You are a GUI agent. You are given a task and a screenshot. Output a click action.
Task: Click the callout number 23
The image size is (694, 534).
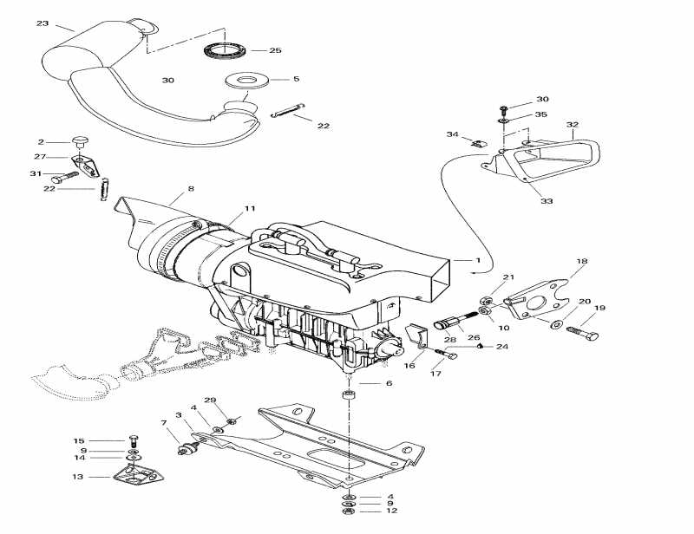(x=43, y=23)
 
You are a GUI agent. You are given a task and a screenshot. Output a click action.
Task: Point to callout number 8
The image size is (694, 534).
(x=191, y=188)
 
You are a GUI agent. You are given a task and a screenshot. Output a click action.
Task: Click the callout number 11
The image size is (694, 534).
(x=250, y=209)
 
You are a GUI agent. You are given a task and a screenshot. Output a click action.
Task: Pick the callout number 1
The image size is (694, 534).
(x=477, y=260)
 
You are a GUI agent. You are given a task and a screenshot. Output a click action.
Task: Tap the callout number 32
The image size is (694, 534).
(x=573, y=125)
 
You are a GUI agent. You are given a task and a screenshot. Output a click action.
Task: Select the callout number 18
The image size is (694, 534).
(x=581, y=260)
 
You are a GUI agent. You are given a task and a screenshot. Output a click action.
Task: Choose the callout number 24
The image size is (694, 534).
(x=501, y=346)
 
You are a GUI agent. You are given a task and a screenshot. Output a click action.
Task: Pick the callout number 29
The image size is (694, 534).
(x=209, y=400)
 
